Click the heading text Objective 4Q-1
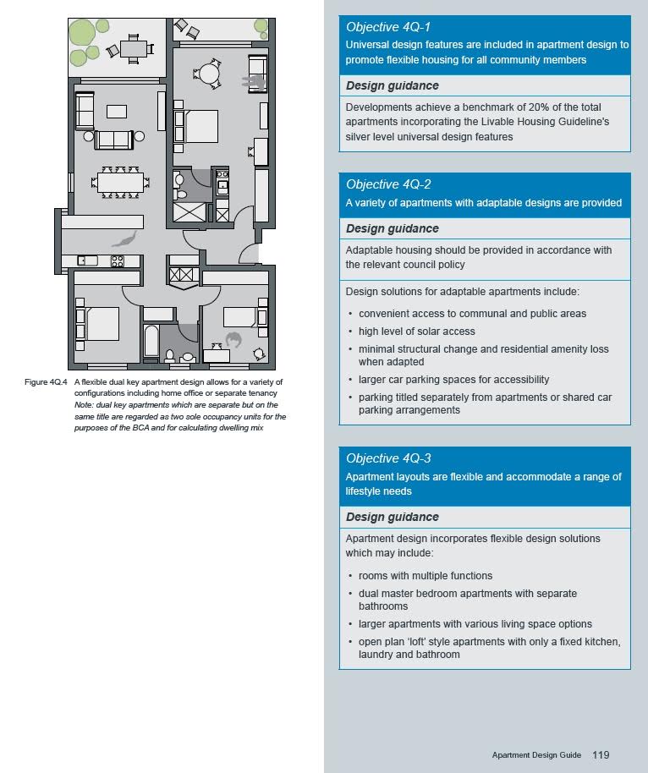tap(388, 28)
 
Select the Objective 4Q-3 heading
tap(388, 458)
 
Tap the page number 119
tap(601, 755)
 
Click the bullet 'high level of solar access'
tap(416, 332)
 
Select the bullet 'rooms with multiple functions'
tap(425, 576)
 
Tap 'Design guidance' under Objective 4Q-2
tap(393, 228)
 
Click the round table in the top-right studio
tap(209, 74)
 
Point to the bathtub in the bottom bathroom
tap(152, 342)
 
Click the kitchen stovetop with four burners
tap(118, 261)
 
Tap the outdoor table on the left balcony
tap(134, 48)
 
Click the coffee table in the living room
tap(117, 111)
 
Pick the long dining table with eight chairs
tap(120, 182)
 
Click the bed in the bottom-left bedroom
tap(102, 322)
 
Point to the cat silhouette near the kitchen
tap(124, 240)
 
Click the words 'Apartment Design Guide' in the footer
tap(536, 755)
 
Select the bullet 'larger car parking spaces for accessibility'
tap(453, 380)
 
